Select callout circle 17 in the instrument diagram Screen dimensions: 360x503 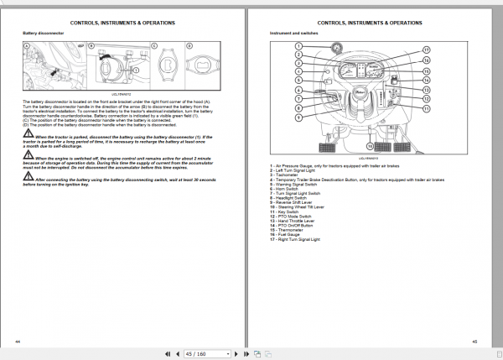pos(426,50)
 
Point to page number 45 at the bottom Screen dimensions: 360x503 pos(474,341)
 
